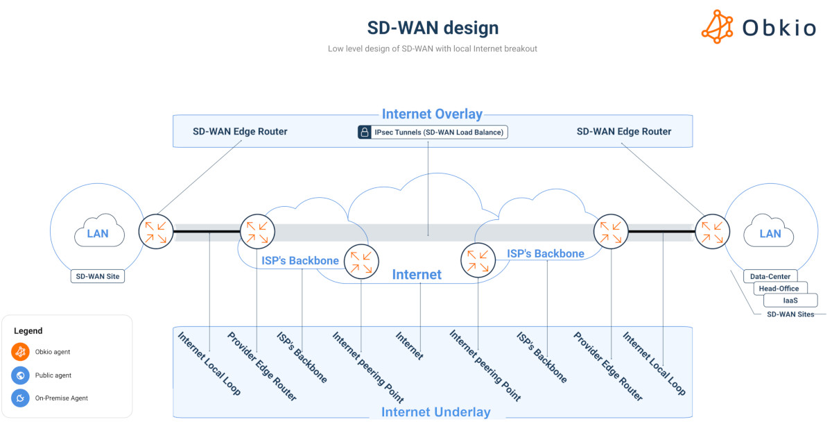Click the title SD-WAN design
pyautogui.click(x=433, y=28)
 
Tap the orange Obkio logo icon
pyautogui.click(x=717, y=27)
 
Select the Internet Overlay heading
pyautogui.click(x=432, y=115)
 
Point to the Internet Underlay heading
pyautogui.click(x=435, y=412)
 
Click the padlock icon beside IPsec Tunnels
pyautogui.click(x=364, y=132)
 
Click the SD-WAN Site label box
pyautogui.click(x=98, y=276)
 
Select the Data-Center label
pyautogui.click(x=770, y=276)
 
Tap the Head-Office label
pyautogui.click(x=779, y=289)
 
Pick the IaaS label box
pyautogui.click(x=790, y=300)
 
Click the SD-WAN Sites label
pyautogui.click(x=790, y=314)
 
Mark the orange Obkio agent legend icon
pyautogui.click(x=21, y=352)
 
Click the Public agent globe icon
pyautogui.click(x=21, y=375)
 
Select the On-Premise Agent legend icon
pyautogui.click(x=21, y=398)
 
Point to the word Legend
pyautogui.click(x=28, y=331)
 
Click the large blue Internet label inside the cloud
pyautogui.click(x=417, y=275)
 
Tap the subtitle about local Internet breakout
pyautogui.click(x=432, y=49)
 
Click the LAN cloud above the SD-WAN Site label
pyautogui.click(x=98, y=233)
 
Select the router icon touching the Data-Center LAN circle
pyautogui.click(x=712, y=232)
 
